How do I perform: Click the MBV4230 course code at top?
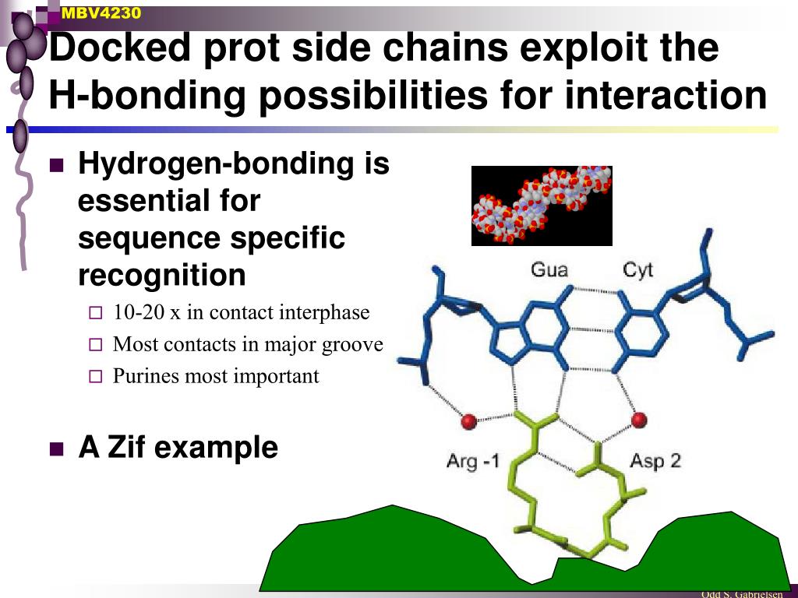[101, 12]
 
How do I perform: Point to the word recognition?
[162, 275]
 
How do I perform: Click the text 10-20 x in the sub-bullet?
[147, 312]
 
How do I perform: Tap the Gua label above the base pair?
[549, 270]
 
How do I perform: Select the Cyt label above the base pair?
[637, 270]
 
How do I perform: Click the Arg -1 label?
[472, 461]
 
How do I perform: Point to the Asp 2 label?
[655, 460]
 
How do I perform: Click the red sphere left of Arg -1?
[468, 421]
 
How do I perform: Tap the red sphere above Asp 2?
[639, 420]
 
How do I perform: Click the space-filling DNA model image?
[542, 206]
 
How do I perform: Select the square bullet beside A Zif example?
[56, 448]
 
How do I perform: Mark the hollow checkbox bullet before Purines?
[95, 377]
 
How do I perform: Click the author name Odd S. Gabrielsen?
[741, 594]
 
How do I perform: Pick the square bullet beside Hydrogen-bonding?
[56, 165]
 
